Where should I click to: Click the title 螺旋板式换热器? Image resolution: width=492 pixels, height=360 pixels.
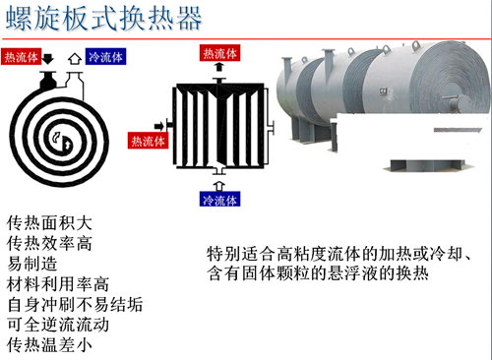click(x=103, y=19)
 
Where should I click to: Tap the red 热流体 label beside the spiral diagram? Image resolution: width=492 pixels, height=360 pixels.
click(x=22, y=57)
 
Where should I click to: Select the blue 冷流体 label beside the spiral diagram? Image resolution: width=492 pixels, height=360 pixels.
click(x=105, y=57)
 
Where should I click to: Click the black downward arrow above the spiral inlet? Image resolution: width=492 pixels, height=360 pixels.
click(x=48, y=59)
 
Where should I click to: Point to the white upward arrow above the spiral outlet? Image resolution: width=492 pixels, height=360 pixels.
click(x=75, y=59)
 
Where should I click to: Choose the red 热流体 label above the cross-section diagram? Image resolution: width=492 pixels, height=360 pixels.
click(x=219, y=53)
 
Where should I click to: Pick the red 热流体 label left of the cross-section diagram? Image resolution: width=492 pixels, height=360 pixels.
click(x=148, y=141)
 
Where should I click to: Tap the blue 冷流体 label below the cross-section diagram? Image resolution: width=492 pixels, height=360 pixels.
click(x=219, y=199)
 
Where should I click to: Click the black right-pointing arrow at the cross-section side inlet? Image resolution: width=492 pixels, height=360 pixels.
click(x=159, y=126)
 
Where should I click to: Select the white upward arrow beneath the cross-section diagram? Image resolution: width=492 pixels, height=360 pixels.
click(x=219, y=186)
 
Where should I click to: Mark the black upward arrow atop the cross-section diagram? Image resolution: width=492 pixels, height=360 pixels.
click(x=219, y=67)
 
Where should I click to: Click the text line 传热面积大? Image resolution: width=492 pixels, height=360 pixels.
click(x=49, y=223)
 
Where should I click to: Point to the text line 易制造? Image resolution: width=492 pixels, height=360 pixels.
click(x=32, y=264)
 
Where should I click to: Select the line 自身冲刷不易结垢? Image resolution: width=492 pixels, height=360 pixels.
click(x=75, y=304)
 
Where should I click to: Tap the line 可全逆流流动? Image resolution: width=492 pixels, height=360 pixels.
click(x=58, y=325)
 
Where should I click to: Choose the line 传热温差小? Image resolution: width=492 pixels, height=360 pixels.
click(x=49, y=345)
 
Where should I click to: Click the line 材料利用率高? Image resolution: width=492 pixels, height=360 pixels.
click(x=58, y=284)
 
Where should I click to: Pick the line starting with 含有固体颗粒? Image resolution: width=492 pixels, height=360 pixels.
click(x=318, y=272)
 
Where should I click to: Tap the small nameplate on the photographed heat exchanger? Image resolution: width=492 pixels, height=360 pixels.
click(x=383, y=90)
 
